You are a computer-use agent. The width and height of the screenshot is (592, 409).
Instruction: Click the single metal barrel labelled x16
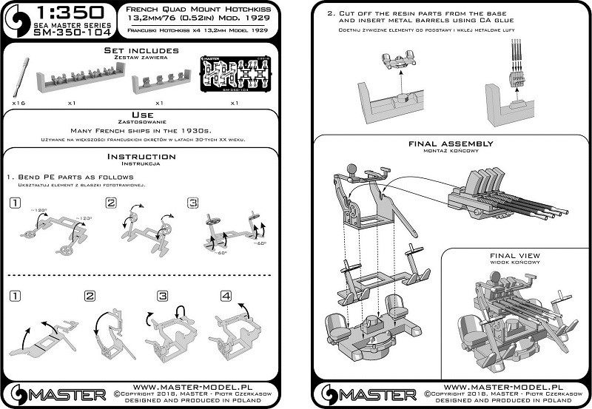pos(21,77)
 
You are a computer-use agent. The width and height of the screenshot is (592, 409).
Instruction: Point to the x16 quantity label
pos(18,104)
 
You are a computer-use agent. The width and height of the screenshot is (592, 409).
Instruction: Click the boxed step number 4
pos(225,295)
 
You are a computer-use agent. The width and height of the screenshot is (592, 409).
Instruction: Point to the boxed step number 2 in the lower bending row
pos(90,296)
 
